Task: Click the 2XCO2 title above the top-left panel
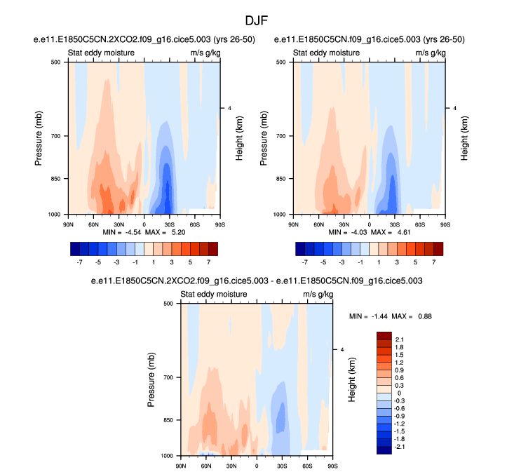(144, 39)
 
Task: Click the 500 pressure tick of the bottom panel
(166, 304)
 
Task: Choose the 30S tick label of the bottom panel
(283, 465)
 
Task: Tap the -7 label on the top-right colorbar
(304, 262)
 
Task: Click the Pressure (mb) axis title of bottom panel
(152, 379)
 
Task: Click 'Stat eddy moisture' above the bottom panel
(213, 295)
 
